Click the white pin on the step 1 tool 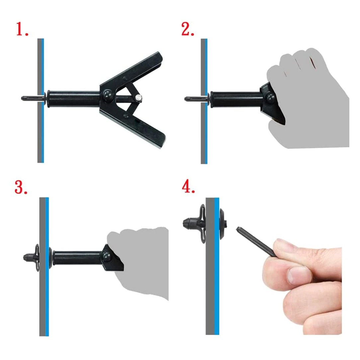pos(138,98)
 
